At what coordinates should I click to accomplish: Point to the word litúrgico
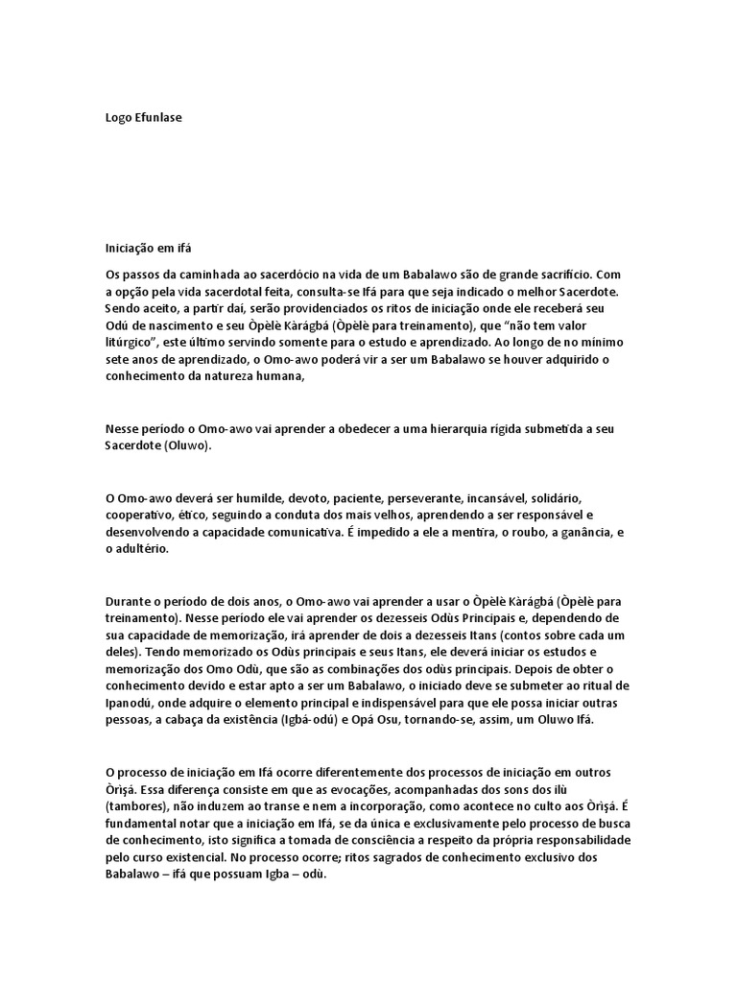coord(134,343)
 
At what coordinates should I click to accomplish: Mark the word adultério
coord(141,550)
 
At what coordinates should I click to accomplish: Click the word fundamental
coord(143,825)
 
